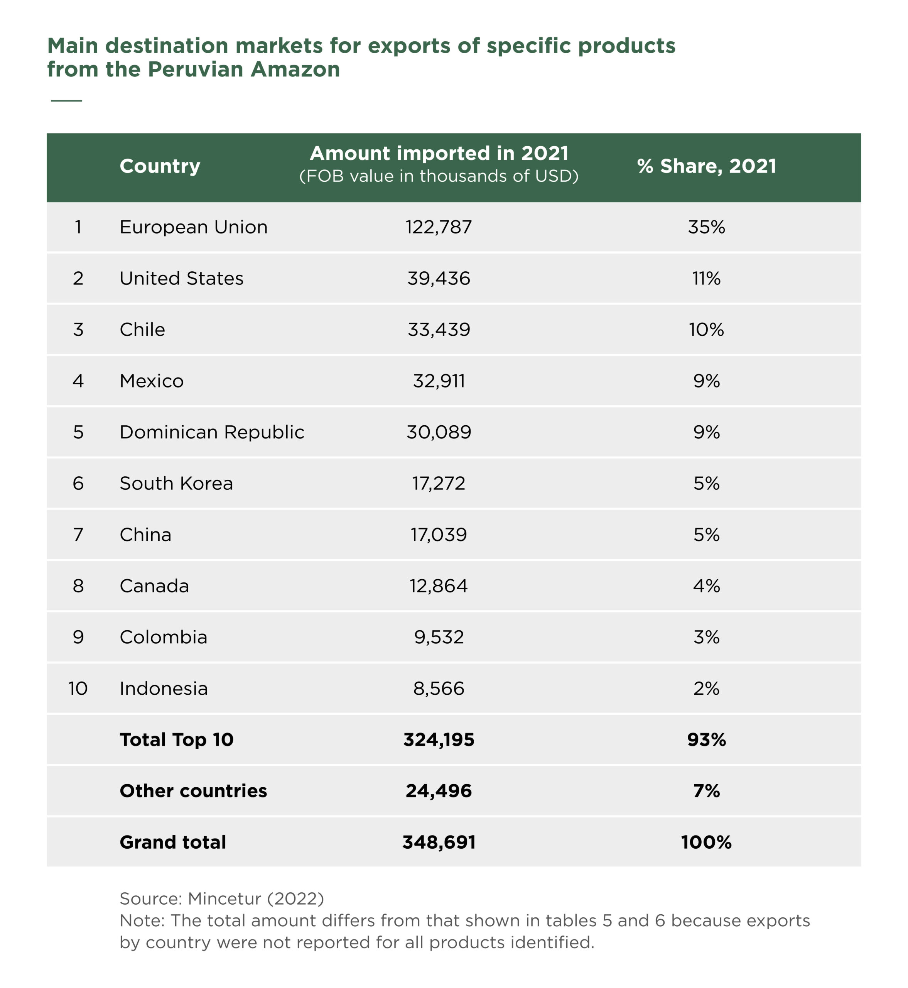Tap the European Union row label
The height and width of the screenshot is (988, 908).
point(194,227)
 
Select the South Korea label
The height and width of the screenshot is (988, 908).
point(176,483)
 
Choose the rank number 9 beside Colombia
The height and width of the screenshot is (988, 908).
point(78,637)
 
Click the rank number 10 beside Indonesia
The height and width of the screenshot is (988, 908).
point(78,688)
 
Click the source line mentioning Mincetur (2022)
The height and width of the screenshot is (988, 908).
point(221,898)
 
